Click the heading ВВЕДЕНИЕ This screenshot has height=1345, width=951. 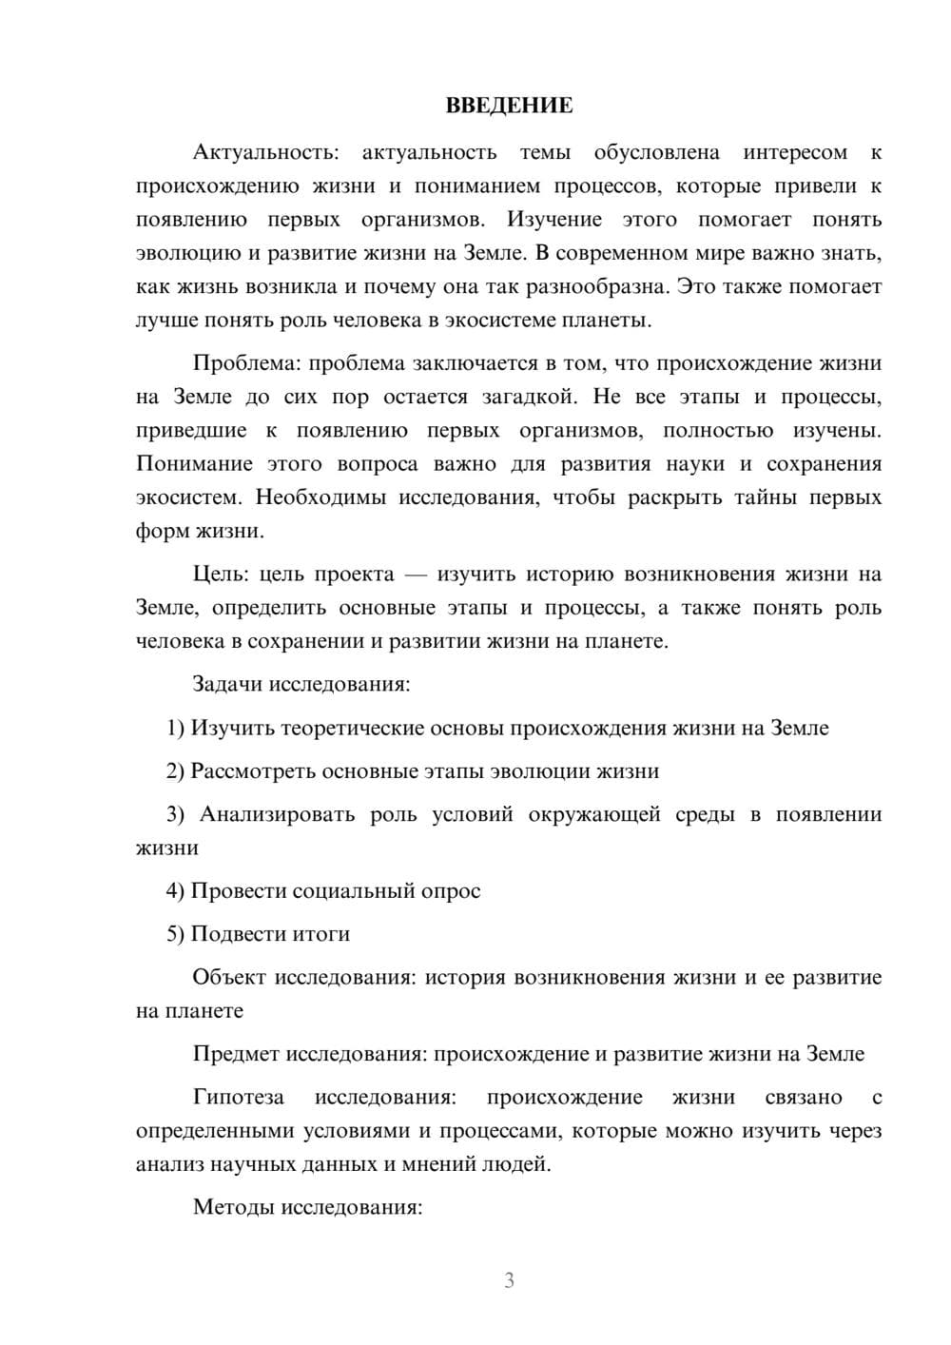pyautogui.click(x=509, y=106)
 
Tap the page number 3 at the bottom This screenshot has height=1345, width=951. pyautogui.click(x=509, y=1280)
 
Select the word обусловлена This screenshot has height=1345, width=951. pyautogui.click(x=656, y=152)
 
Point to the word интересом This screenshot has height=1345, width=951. pyautogui.click(x=795, y=152)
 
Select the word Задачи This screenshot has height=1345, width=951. pyautogui.click(x=228, y=684)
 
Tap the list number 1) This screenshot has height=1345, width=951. pyautogui.click(x=175, y=728)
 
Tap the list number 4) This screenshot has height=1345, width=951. pyautogui.click(x=175, y=890)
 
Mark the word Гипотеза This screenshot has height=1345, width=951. pyautogui.click(x=239, y=1097)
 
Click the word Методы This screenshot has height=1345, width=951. pyautogui.click(x=231, y=1207)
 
